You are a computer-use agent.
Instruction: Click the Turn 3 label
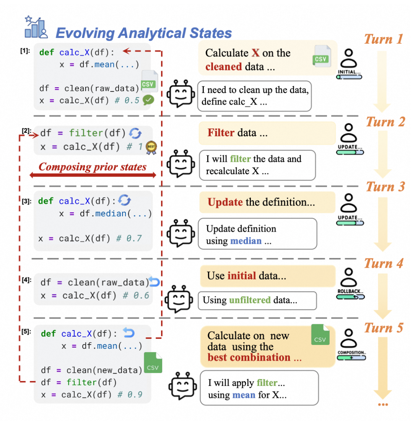pos(385,187)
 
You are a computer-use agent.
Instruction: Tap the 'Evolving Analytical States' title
pos(144,33)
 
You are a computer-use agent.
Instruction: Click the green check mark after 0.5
pos(148,100)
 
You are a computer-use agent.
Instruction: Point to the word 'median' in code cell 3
pos(111,214)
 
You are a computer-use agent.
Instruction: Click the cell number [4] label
pos(26,280)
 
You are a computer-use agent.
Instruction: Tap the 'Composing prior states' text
pos(93,167)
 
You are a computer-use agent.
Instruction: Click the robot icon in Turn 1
pos(181,93)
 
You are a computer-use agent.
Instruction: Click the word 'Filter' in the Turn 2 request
pos(221,133)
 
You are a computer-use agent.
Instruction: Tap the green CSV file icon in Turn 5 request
pos(320,335)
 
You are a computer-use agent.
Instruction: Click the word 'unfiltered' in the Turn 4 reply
pos(250,300)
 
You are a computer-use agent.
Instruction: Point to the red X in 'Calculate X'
pos(255,53)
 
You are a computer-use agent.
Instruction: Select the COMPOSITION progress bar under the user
pos(351,358)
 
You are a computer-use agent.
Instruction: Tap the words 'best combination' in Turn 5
pos(249,357)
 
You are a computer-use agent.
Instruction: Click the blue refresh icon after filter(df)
pos(135,133)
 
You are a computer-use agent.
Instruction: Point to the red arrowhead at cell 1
pos(126,51)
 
